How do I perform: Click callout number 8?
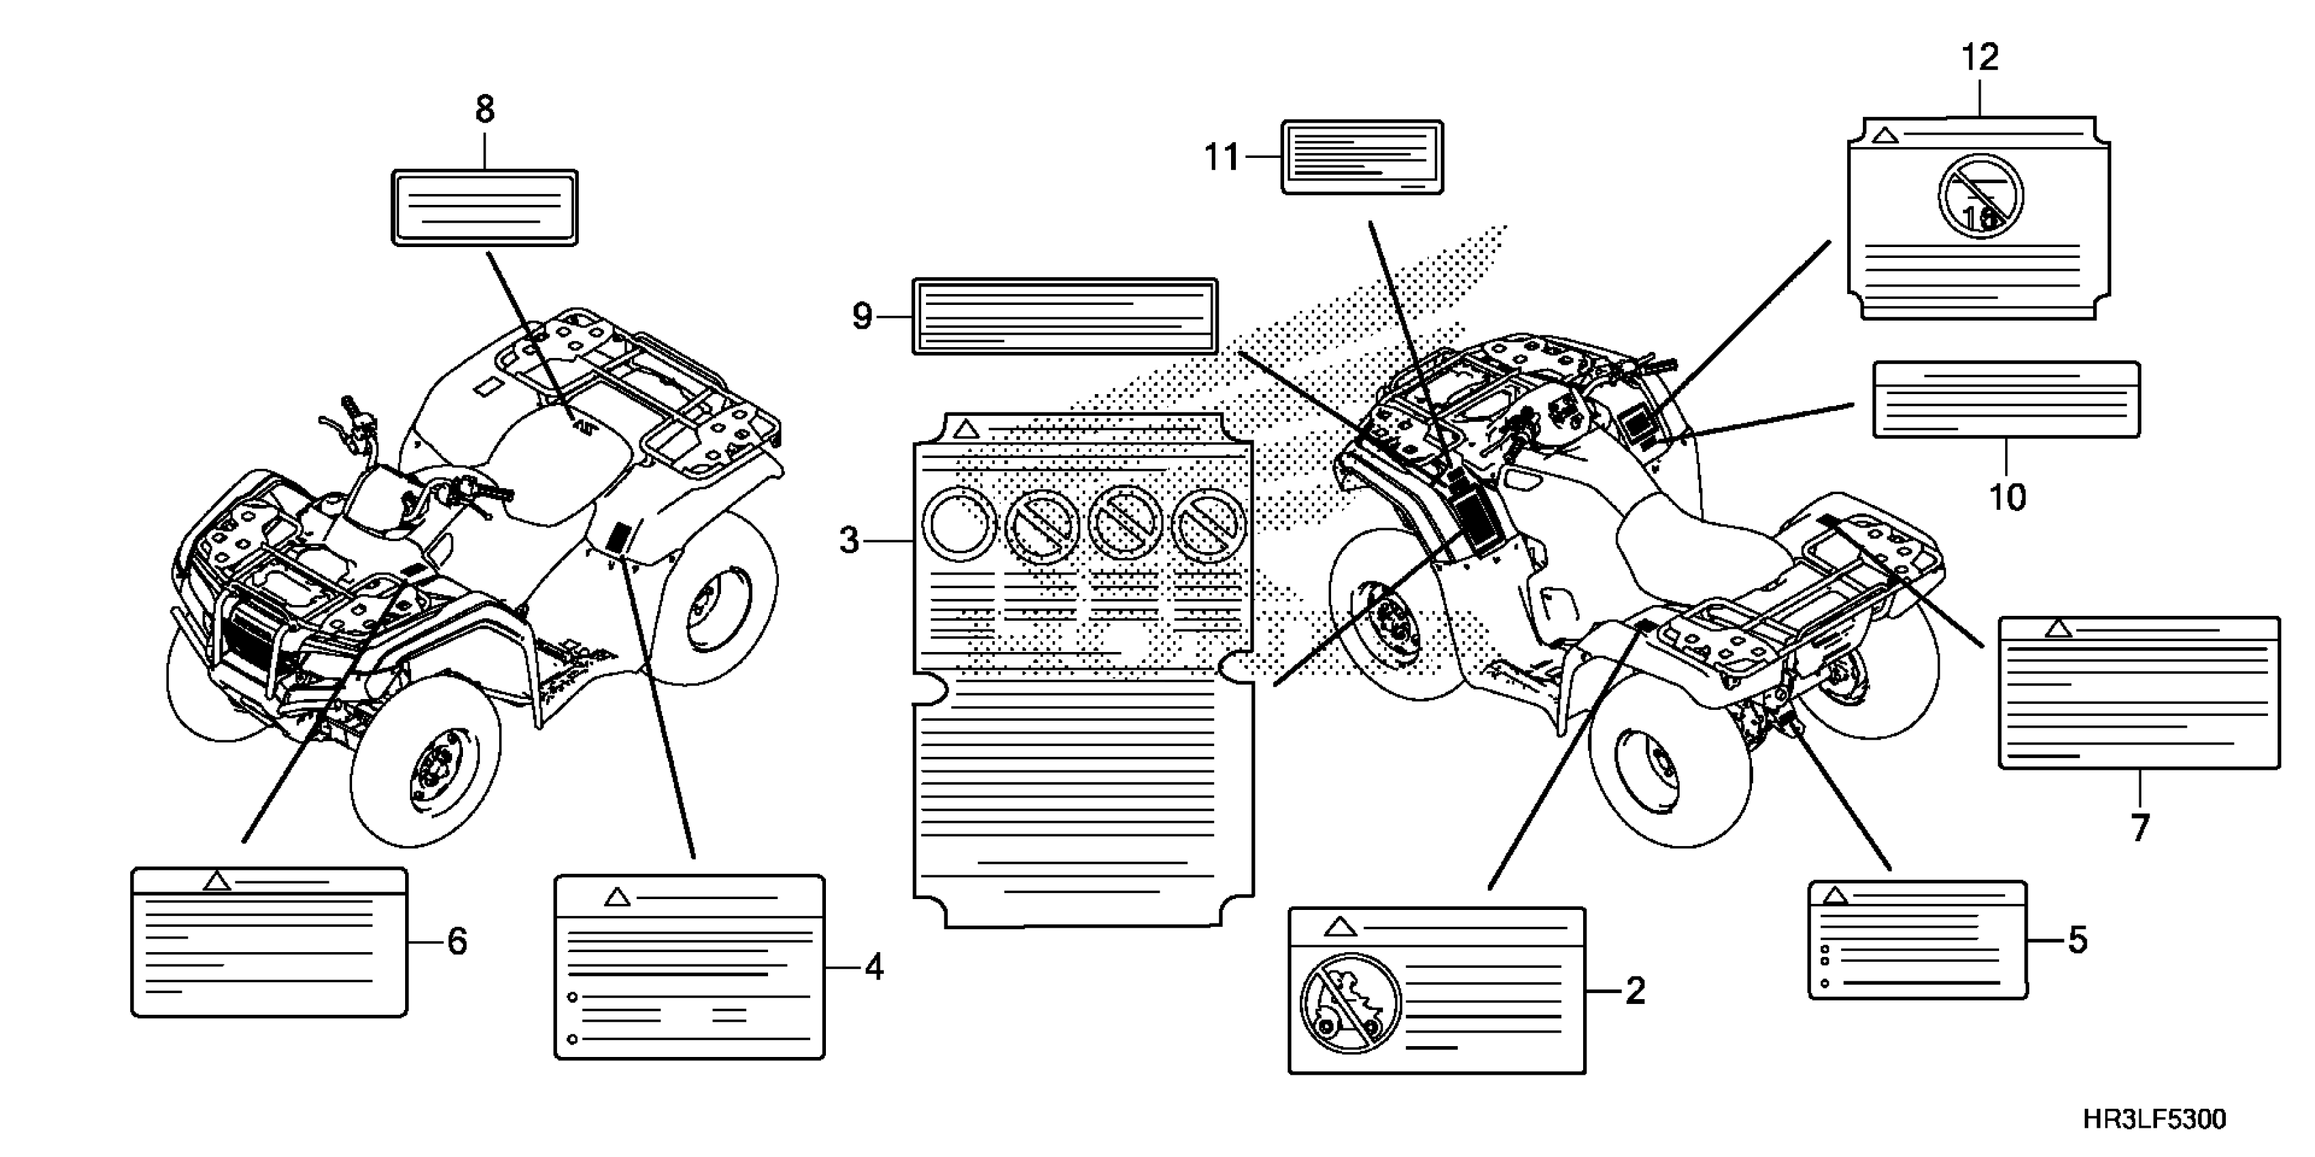point(484,110)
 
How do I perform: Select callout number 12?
point(1980,57)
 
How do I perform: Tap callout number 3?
point(849,541)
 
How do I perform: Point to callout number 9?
point(862,316)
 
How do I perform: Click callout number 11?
point(1222,158)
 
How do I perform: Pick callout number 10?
point(2007,497)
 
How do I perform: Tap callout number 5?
point(2077,941)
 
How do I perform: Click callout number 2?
point(1635,991)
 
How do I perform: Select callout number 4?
point(874,968)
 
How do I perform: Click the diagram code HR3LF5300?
point(2154,1120)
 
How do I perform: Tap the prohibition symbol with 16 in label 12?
point(1980,197)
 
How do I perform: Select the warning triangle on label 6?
point(217,881)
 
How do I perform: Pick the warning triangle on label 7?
point(2058,629)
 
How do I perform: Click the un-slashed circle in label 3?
point(960,523)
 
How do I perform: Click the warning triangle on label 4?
point(616,896)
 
